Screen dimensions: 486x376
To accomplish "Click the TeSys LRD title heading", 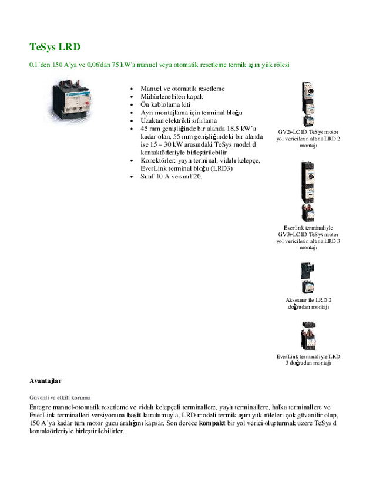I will [x=55, y=46].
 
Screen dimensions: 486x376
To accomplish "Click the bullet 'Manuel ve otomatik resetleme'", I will [x=182, y=89].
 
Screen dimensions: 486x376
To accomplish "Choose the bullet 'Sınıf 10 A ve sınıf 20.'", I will [x=171, y=176].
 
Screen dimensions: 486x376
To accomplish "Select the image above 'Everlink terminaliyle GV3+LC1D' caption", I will [x=308, y=191].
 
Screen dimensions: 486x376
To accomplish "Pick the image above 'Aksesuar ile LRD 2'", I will [x=308, y=278].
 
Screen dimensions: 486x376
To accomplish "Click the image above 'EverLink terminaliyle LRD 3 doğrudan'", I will [x=308, y=335].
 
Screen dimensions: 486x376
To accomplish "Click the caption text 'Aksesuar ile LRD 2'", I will [x=308, y=300].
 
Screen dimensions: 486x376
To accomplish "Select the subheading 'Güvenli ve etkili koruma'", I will [x=59, y=397].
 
